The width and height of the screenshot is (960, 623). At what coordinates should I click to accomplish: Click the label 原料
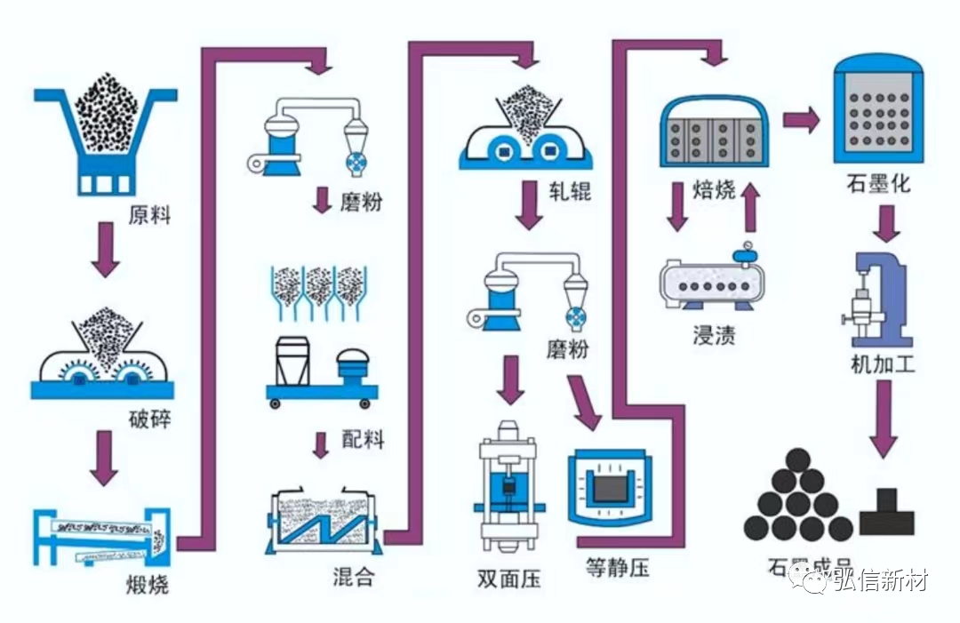[x=149, y=214]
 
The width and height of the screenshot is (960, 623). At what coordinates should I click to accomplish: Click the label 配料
[x=363, y=438]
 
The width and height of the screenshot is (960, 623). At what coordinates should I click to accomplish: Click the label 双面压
[x=508, y=580]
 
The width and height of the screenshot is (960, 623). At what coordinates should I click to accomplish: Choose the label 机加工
[x=883, y=363]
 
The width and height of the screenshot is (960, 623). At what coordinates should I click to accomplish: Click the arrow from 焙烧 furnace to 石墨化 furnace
[x=801, y=121]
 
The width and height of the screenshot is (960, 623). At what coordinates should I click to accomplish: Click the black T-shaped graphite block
[x=886, y=511]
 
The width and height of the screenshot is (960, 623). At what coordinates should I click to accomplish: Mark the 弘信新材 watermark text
[x=880, y=581]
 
